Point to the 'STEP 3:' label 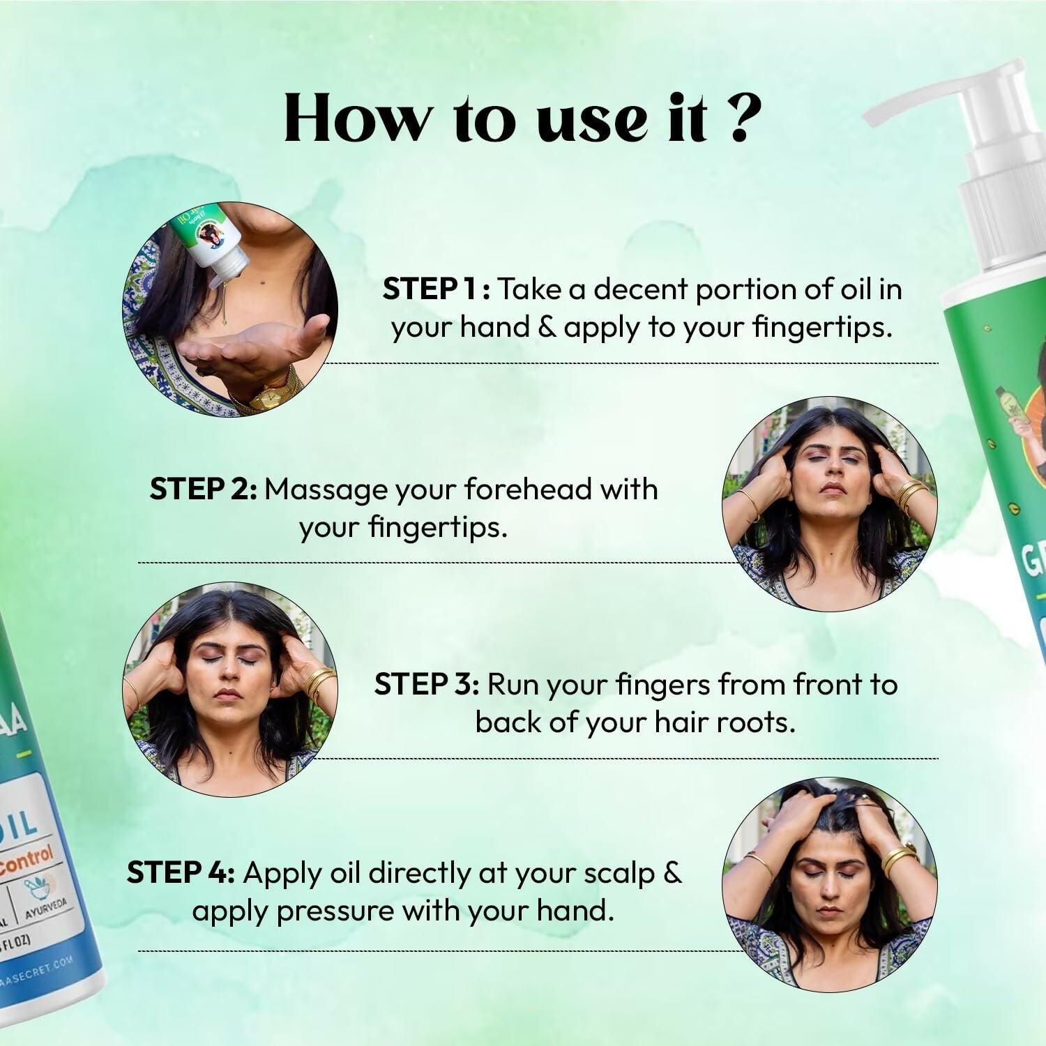(426, 685)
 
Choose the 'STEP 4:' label (181, 873)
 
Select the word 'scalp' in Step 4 (619, 873)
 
